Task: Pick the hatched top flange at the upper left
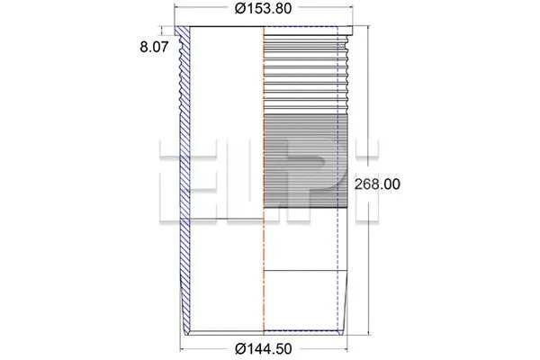point(184,36)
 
